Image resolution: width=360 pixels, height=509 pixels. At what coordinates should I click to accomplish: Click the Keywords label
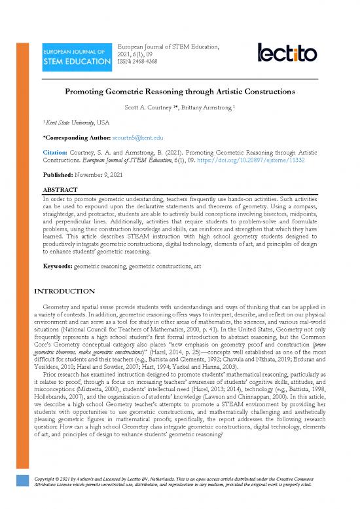point(57,267)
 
